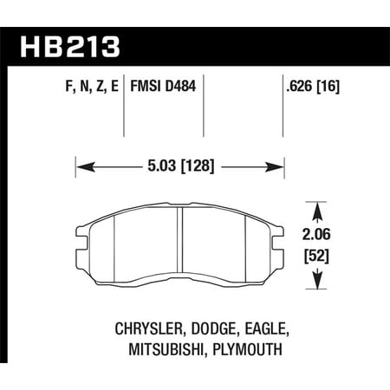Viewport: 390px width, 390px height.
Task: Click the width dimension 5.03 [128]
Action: pyautogui.click(x=181, y=162)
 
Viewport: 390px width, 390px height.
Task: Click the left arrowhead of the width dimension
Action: pyautogui.click(x=81, y=162)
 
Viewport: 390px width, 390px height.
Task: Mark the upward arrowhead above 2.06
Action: pyautogui.click(x=317, y=211)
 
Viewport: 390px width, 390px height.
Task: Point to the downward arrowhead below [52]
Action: pyautogui.click(x=317, y=283)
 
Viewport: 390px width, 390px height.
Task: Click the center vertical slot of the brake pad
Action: pyautogui.click(x=179, y=247)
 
